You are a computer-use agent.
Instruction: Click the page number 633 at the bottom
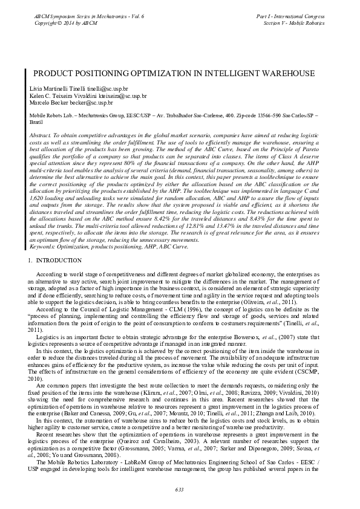pos(180,489)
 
